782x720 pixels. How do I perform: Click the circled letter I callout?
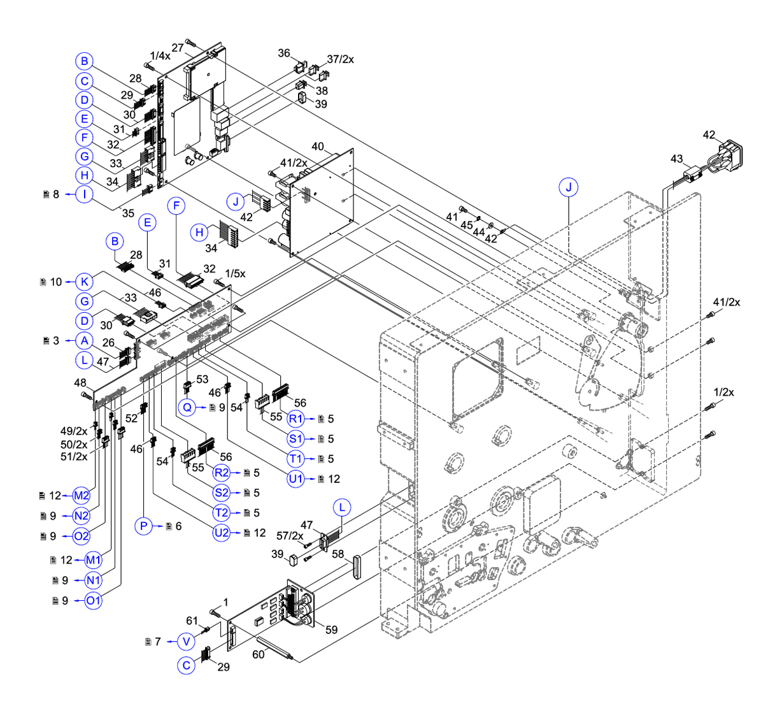(x=84, y=194)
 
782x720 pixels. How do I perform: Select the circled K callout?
(x=84, y=282)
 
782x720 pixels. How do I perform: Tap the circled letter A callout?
(x=84, y=341)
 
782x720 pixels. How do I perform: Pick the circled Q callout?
(x=187, y=407)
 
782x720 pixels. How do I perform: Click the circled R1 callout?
(x=296, y=419)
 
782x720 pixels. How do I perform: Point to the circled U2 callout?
(x=221, y=533)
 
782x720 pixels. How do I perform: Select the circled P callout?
(x=144, y=526)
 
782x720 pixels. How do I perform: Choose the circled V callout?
(x=186, y=642)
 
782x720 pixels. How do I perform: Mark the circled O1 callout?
(x=93, y=600)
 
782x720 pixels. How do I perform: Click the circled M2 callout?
(x=82, y=496)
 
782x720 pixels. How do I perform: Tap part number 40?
(x=318, y=147)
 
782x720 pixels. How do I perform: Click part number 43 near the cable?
(x=676, y=159)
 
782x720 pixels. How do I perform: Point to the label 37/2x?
(x=341, y=59)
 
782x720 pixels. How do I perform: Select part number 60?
(x=258, y=654)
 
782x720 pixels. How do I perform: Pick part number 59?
(x=331, y=630)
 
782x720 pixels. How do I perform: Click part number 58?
(x=338, y=554)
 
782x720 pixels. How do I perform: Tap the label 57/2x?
(x=290, y=536)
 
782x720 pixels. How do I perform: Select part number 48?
(x=80, y=383)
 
